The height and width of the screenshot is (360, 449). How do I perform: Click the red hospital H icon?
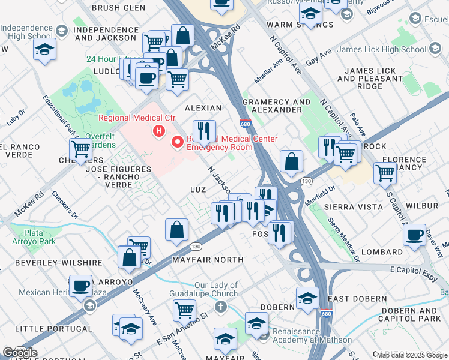159,131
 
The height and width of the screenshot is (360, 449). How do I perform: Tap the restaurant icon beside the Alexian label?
204,131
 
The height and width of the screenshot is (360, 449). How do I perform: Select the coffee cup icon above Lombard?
414,235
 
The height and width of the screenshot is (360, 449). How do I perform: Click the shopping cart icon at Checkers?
80,149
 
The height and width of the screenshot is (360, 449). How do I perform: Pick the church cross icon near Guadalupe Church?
220,307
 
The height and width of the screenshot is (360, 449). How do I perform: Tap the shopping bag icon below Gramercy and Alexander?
291,161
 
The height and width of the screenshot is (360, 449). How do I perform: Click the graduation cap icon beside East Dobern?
307,298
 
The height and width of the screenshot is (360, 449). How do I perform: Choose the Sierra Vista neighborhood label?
348,206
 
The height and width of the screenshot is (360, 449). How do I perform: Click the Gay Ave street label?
319,61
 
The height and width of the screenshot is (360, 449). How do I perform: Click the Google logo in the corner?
19,352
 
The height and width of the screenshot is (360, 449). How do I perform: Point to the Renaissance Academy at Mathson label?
312,335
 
